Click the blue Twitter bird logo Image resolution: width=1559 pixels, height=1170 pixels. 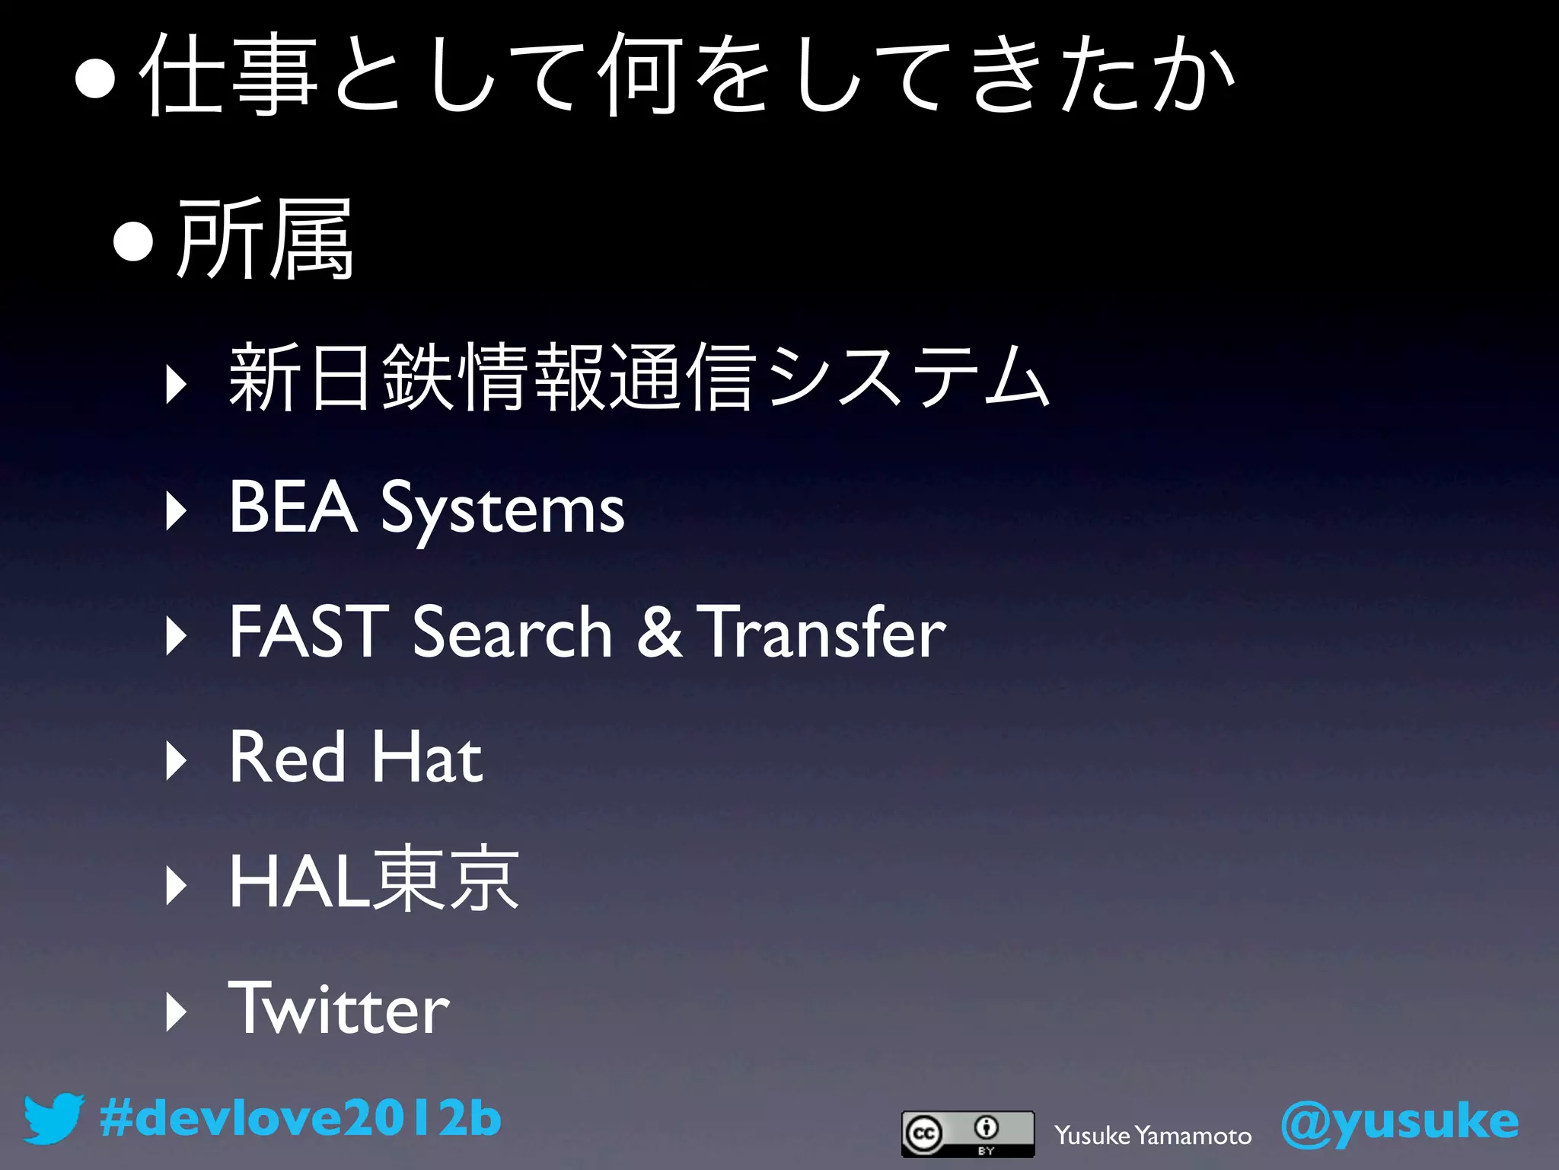click(x=53, y=1118)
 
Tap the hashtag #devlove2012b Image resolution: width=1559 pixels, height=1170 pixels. click(x=300, y=1118)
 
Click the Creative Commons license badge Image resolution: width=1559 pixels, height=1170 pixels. click(x=968, y=1133)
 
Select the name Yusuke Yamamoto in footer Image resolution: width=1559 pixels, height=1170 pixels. click(x=1153, y=1136)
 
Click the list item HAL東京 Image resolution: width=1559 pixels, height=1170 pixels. click(x=374, y=881)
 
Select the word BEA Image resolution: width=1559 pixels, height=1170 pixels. click(x=293, y=507)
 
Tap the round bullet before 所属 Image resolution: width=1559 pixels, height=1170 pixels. click(x=134, y=243)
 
